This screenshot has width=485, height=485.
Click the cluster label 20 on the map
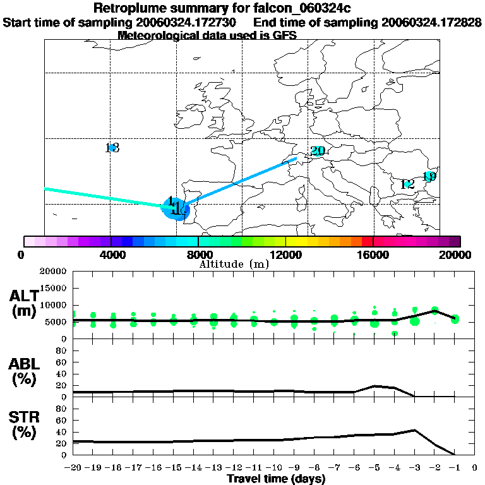point(317,151)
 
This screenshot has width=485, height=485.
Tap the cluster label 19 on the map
point(429,177)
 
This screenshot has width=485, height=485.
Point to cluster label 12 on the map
point(407,185)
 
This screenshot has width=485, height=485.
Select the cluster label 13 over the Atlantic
point(112,148)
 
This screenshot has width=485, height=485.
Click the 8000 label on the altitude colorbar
point(198,255)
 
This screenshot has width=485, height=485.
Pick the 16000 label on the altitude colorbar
point(373,255)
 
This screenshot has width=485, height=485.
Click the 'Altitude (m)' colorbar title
point(234,264)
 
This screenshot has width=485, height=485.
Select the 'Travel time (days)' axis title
point(276,479)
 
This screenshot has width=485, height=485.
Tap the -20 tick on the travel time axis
point(73,468)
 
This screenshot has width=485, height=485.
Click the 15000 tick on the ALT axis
point(52,288)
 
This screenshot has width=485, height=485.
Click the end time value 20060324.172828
point(432,22)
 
